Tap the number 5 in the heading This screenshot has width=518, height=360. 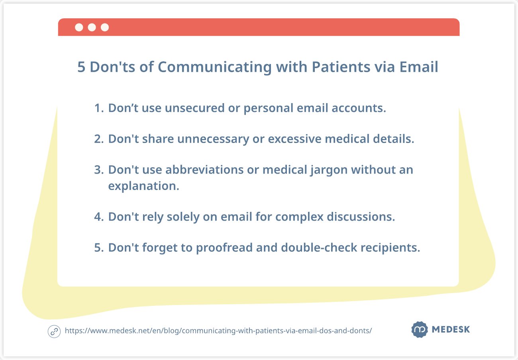pyautogui.click(x=81, y=67)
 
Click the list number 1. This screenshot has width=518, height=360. pyautogui.click(x=98, y=108)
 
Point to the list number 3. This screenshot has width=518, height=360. pyautogui.click(x=98, y=170)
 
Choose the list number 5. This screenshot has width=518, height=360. pyautogui.click(x=98, y=248)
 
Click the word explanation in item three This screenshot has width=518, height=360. pyautogui.click(x=143, y=186)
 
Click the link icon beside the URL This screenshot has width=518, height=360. pyautogui.click(x=54, y=331)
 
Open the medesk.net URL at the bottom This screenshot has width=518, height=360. pyautogui.click(x=218, y=331)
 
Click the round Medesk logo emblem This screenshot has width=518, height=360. pyautogui.click(x=419, y=330)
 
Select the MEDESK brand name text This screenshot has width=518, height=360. pyautogui.click(x=451, y=330)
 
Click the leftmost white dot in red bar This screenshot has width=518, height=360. pyautogui.click(x=79, y=27)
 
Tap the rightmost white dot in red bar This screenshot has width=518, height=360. pyautogui.click(x=105, y=27)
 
